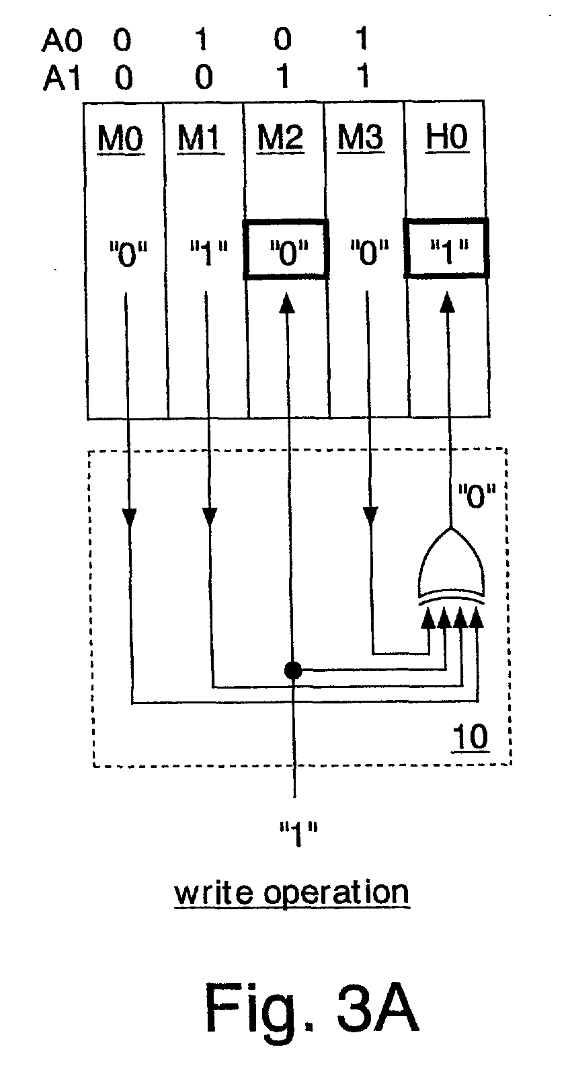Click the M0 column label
[x=120, y=139]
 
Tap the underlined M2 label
[x=280, y=139]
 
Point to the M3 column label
[x=360, y=138]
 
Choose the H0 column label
[x=447, y=138]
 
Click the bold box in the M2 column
[x=287, y=221]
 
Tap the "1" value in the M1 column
[x=208, y=253]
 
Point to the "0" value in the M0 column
[x=128, y=254]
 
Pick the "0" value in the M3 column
[x=369, y=253]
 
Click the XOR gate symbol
[x=451, y=567]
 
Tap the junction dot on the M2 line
[x=293, y=669]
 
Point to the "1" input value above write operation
[x=298, y=834]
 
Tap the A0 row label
[x=62, y=40]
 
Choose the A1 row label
[x=61, y=78]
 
